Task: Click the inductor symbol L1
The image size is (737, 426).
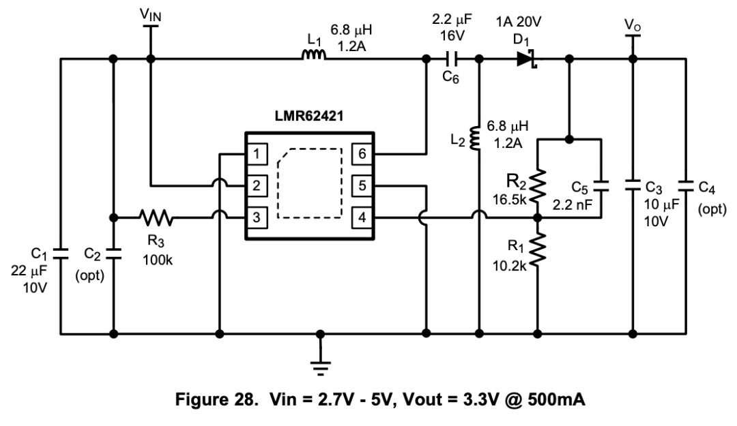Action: (x=313, y=55)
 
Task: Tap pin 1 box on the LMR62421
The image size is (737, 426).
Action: (x=257, y=153)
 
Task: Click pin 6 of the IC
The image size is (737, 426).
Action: (x=362, y=153)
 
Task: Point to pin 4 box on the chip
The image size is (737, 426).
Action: (x=362, y=217)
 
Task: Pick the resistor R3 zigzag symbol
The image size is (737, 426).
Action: (x=156, y=217)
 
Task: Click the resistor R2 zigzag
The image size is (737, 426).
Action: (x=538, y=185)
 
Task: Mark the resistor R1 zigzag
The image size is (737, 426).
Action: (x=538, y=250)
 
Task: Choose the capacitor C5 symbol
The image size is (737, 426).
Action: (x=601, y=186)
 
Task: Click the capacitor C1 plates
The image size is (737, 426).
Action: (x=60, y=254)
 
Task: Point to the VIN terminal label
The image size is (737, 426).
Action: (x=150, y=14)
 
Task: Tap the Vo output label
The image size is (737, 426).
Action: (x=632, y=25)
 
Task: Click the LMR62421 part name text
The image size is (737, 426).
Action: (x=309, y=116)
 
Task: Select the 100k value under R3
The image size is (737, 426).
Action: (x=158, y=260)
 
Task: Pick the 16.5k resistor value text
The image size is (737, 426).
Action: (x=510, y=200)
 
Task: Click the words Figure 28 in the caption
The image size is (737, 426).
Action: (x=217, y=399)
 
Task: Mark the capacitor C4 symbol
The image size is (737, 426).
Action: (x=686, y=186)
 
